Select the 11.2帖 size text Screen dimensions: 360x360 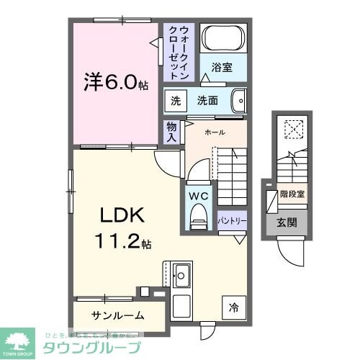coord(120,243)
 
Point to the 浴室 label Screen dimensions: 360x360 coord(222,68)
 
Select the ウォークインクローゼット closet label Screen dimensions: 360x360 coord(179,52)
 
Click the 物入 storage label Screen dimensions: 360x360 coord(171,131)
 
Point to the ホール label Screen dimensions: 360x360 coord(215,132)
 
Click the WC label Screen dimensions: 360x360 coord(199,195)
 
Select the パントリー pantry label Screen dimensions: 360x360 coord(231,219)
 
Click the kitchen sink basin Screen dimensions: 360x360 coord(181,274)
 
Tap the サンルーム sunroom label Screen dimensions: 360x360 coord(117,315)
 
